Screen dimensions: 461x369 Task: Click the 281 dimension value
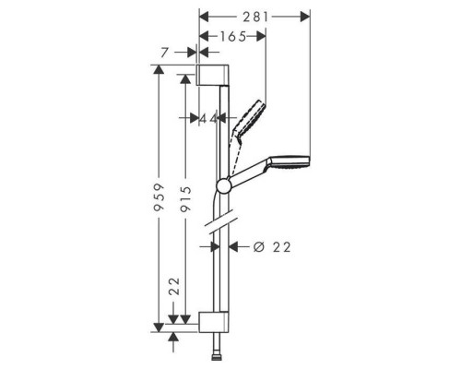pyautogui.click(x=255, y=18)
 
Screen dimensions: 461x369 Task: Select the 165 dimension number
pyautogui.click(x=232, y=37)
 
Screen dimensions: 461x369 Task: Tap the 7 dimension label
pyautogui.click(x=165, y=53)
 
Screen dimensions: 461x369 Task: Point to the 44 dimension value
pyautogui.click(x=208, y=118)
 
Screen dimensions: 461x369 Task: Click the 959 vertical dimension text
pyautogui.click(x=159, y=197)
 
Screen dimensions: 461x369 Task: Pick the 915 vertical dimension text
pyautogui.click(x=185, y=199)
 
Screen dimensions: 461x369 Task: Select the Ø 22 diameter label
pyautogui.click(x=272, y=246)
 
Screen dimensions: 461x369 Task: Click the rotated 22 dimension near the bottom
pyautogui.click(x=174, y=287)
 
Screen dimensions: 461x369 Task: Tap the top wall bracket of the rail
pyautogui.click(x=212, y=75)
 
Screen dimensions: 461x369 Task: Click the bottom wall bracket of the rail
pyautogui.click(x=213, y=322)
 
